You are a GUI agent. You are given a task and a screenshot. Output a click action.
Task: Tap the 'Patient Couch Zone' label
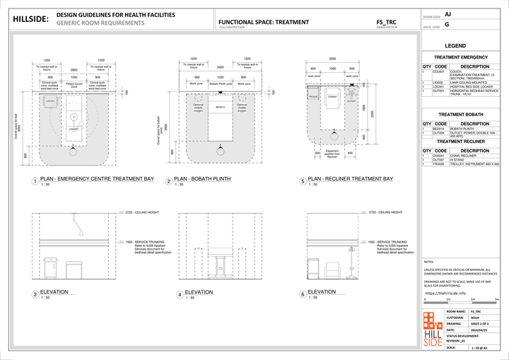pyautogui.click(x=74, y=85)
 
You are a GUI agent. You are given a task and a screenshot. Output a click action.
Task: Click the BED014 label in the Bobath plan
pyautogui.click(x=220, y=107)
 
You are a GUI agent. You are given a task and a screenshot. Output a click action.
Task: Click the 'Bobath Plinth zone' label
pyautogui.click(x=220, y=83)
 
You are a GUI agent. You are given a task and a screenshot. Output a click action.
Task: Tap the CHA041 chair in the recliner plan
pyautogui.click(x=332, y=98)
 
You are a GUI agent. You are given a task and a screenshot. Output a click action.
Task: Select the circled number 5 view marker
pyautogui.click(x=302, y=181)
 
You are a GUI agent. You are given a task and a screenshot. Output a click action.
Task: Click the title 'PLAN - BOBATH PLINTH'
pyautogui.click(x=210, y=180)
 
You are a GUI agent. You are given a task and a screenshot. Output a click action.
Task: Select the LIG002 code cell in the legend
pyautogui.click(x=437, y=82)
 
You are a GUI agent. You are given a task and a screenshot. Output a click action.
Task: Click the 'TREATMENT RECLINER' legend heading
pyautogui.click(x=460, y=141)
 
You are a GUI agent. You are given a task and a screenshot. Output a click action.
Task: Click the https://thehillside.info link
pyautogui.click(x=445, y=292)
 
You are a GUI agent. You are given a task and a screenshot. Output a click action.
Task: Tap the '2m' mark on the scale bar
pyautogui.click(x=472, y=300)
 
